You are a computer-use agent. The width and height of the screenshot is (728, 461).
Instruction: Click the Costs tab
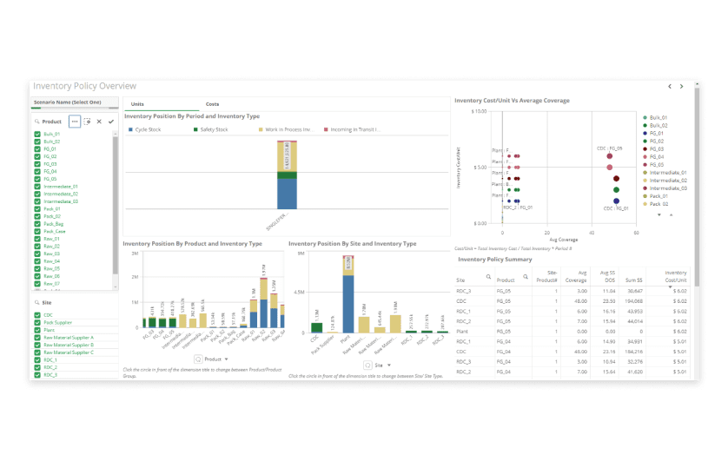212,104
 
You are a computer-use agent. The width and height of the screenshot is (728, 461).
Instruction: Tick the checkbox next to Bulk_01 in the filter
37,135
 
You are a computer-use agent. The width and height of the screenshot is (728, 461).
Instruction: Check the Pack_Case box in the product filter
37,231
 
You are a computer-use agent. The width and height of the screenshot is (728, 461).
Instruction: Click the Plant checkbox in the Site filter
37,330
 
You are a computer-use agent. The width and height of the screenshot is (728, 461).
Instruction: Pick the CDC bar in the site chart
318,328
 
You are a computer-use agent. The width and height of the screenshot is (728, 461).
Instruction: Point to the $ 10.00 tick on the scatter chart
479,111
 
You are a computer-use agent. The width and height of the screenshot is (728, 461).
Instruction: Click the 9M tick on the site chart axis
299,254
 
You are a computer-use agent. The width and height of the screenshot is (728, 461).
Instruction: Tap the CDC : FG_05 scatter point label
609,148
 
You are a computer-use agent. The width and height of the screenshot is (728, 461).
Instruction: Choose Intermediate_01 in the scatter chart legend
665,173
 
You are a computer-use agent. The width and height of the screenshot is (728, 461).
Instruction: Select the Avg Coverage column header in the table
576,277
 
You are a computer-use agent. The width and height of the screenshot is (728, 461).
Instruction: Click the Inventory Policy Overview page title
84,87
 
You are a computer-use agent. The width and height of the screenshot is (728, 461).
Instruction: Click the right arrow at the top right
682,87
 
